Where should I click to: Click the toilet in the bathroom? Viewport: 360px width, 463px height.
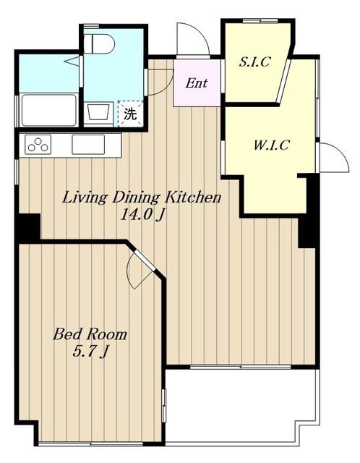tap(99, 43)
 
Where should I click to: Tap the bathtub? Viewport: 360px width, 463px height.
tap(48, 110)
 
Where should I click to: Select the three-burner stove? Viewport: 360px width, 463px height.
tap(38, 145)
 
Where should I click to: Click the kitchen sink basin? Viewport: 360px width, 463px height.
tap(88, 145)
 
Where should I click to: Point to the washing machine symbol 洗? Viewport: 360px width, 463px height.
tap(130, 114)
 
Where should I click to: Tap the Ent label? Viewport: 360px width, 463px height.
tap(197, 83)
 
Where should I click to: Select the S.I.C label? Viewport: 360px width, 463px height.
tap(254, 61)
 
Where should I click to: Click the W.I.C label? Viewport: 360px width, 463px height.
tap(272, 145)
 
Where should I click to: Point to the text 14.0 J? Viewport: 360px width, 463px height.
tap(142, 216)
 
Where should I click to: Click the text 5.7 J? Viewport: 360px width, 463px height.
tap(90, 352)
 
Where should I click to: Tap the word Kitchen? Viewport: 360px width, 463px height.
tap(192, 197)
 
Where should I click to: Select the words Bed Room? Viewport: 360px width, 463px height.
tap(90, 334)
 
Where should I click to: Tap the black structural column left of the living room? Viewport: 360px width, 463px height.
tap(29, 226)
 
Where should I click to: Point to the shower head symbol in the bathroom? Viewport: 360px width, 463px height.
tap(72, 61)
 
